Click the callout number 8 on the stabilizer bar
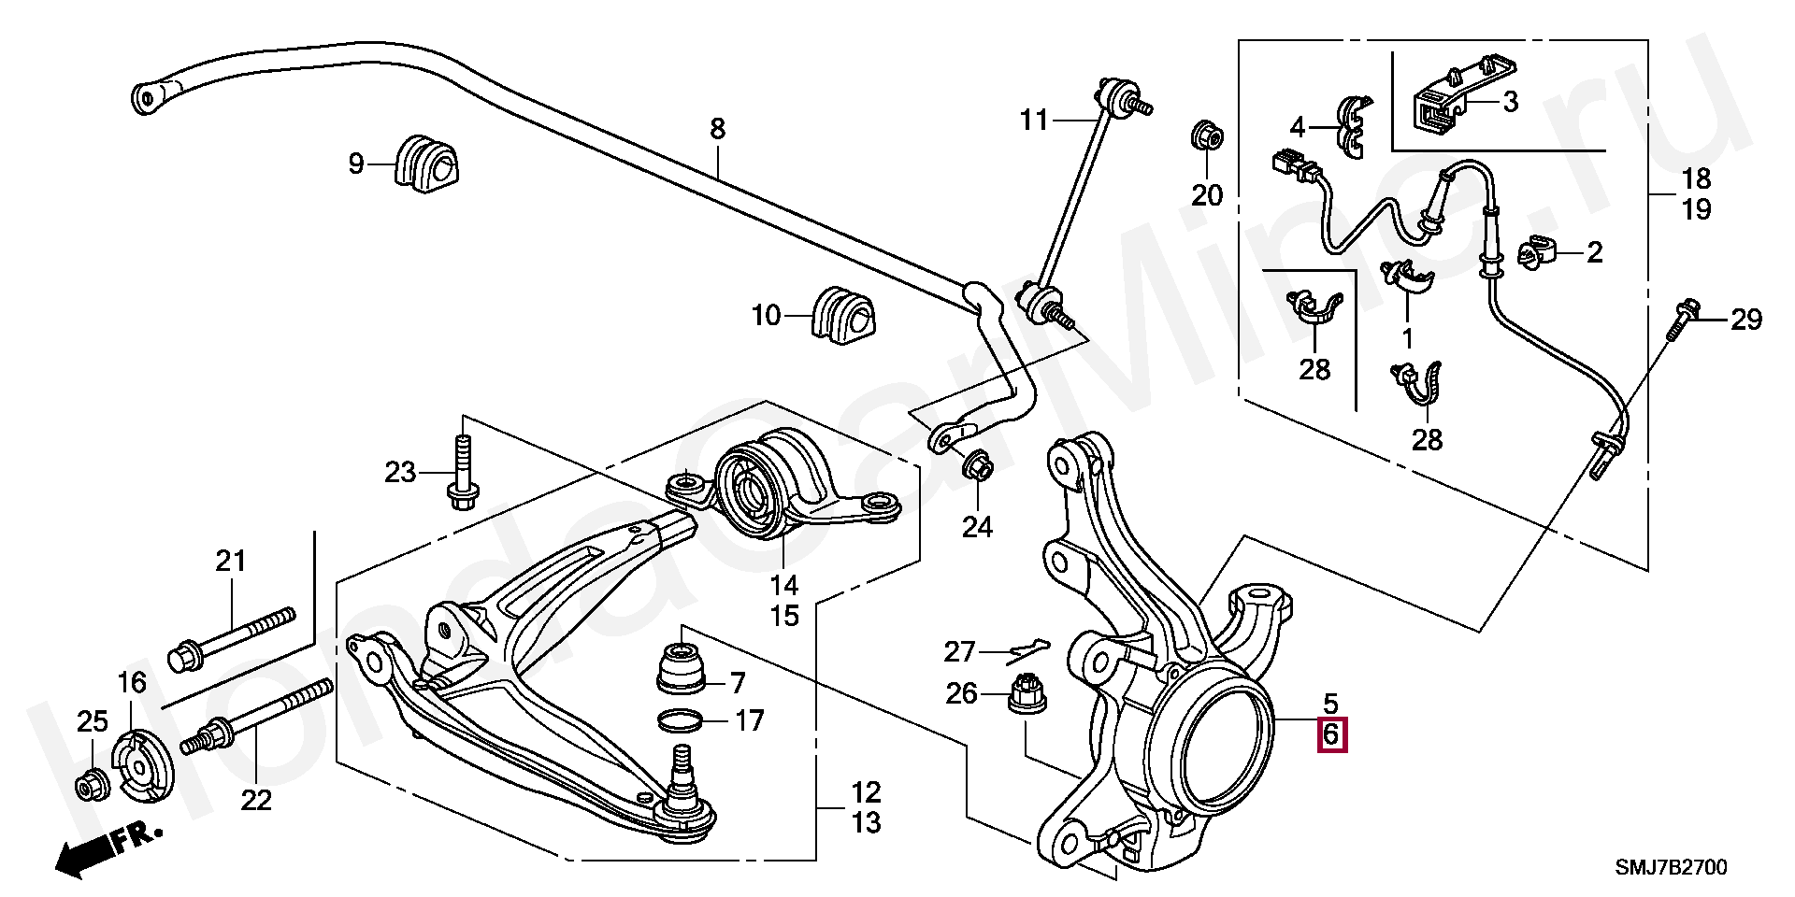(x=717, y=129)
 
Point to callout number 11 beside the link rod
(x=1034, y=121)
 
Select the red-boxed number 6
(x=1331, y=736)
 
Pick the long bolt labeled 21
(x=234, y=636)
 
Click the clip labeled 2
(x=1538, y=252)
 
